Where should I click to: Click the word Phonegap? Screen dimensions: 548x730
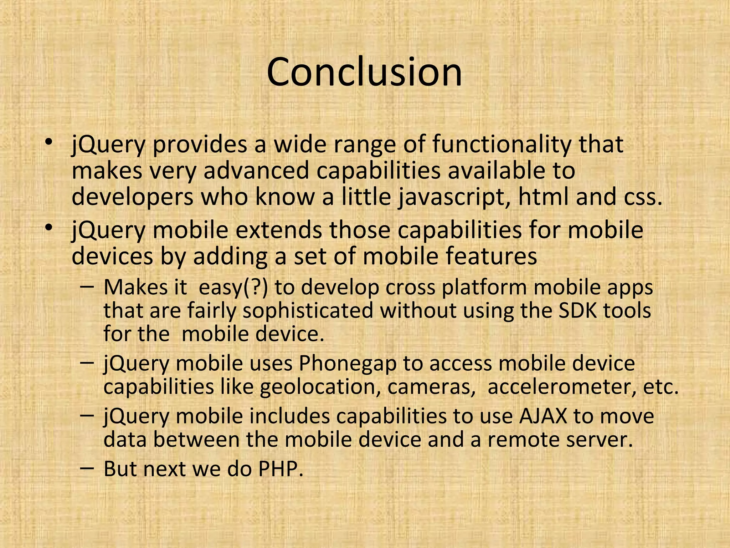(x=348, y=364)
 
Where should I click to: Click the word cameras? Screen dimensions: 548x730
(x=431, y=387)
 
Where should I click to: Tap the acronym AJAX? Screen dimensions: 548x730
(x=543, y=416)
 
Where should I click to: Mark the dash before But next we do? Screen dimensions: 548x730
(x=87, y=467)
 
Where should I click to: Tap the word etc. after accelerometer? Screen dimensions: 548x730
(x=661, y=387)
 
